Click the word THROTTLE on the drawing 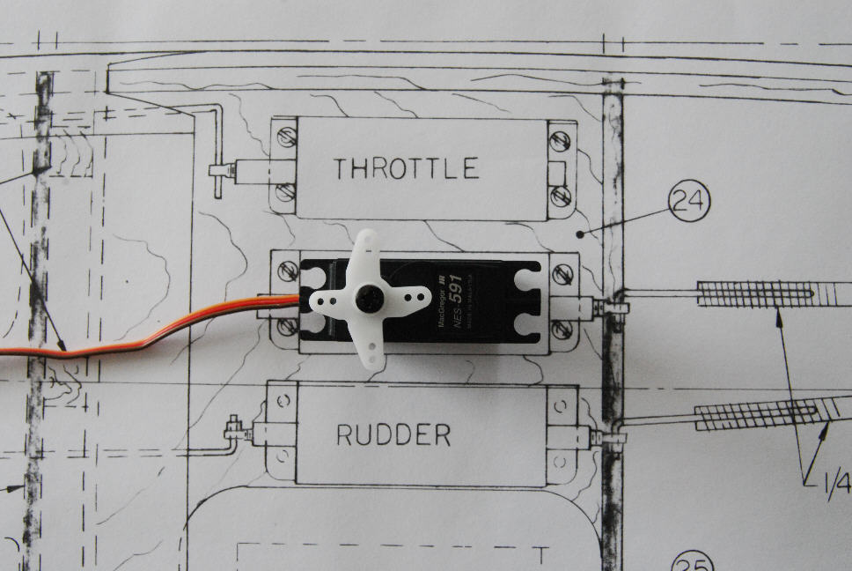coord(406,167)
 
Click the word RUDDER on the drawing coord(393,434)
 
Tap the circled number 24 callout coord(688,201)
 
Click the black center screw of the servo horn coord(368,299)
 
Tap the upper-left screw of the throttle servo coord(285,137)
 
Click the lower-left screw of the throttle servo coord(285,192)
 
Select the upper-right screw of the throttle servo coord(561,139)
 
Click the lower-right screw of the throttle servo coord(561,195)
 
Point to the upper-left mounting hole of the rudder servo coord(283,402)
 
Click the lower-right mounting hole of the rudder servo coord(560,462)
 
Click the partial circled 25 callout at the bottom coord(692,562)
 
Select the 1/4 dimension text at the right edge coord(835,484)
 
